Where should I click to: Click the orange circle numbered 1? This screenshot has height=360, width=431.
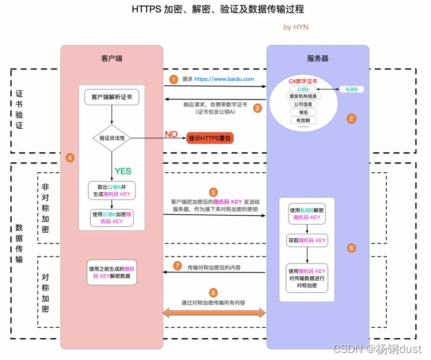[x=173, y=79]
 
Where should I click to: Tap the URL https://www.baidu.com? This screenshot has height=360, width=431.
[x=224, y=79]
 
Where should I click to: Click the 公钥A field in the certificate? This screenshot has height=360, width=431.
[x=303, y=89]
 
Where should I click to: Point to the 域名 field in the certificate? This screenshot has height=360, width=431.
[x=303, y=112]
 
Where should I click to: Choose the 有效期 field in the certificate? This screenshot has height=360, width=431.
[x=303, y=120]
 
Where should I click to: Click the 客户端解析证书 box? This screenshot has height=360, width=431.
[x=112, y=96]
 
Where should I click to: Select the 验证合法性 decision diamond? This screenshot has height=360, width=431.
[x=112, y=138]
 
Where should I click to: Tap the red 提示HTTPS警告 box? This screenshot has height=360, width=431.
[x=210, y=138]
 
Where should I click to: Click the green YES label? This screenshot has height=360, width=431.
[x=122, y=171]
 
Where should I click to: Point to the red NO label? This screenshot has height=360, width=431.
[x=171, y=134]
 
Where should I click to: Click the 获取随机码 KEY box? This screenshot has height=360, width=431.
[x=307, y=241]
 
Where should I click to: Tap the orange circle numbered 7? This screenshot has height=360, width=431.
[x=177, y=266]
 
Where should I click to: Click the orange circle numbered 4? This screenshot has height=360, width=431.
[x=70, y=158]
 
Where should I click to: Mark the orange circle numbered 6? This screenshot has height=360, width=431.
[x=352, y=248]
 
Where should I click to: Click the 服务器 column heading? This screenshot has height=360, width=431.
[x=317, y=58]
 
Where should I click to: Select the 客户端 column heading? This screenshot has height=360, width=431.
[x=112, y=58]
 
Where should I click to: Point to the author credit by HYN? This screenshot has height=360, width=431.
[x=296, y=27]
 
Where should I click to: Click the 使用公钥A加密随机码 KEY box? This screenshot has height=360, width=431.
[x=112, y=218]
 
